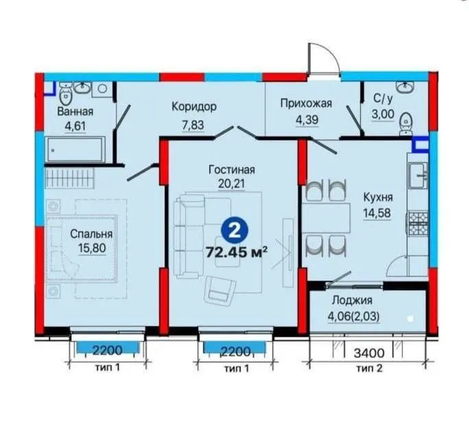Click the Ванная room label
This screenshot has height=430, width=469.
[75, 111]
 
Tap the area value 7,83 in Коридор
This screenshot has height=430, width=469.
[193, 125]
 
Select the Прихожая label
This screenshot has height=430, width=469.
[306, 104]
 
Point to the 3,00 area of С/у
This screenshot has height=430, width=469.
[383, 115]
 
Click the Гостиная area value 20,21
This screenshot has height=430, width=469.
[231, 183]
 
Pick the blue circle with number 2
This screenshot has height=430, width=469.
[234, 230]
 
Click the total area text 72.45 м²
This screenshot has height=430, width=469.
[237, 252]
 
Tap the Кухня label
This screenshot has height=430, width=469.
[378, 198]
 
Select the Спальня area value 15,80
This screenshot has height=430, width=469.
[92, 248]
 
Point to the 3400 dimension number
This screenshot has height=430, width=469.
[369, 353]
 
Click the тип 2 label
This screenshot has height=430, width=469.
[370, 368]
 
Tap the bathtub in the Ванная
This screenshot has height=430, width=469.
[75, 150]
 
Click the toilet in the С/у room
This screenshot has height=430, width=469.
[406, 123]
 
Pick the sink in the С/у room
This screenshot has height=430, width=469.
[406, 87]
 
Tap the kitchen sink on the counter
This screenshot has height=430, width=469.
[418, 176]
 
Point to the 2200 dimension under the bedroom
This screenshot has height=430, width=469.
[108, 350]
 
